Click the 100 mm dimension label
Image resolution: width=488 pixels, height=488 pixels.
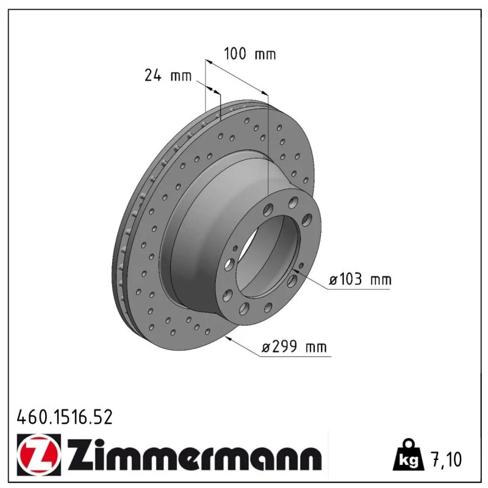tap(250, 54)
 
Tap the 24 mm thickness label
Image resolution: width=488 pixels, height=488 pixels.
tap(168, 76)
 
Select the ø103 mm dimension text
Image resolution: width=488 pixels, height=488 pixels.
tap(360, 279)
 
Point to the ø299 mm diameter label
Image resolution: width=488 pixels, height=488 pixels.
tap(295, 346)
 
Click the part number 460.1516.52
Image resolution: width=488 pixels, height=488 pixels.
tap(65, 417)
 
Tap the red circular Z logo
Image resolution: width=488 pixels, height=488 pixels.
tap(37, 455)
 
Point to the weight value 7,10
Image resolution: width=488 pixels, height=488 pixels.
tap(446, 459)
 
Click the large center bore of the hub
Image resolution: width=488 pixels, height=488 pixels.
tap(268, 256)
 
